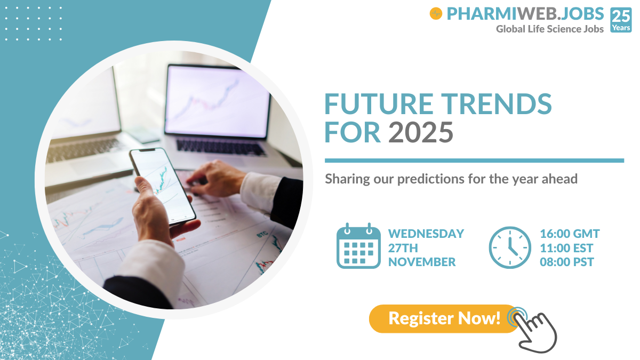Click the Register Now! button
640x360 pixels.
coord(444,318)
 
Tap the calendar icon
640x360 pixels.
coord(358,246)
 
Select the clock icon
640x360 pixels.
coord(510,247)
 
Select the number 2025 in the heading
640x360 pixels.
coord(420,132)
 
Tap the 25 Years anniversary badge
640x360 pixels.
coord(621,20)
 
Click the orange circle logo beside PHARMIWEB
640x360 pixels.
coord(436,14)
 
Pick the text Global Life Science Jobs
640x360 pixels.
coord(550,29)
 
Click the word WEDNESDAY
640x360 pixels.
coord(426,234)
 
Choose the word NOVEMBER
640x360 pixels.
coord(422,262)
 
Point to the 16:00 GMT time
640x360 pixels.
coord(570,234)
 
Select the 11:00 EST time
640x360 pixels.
coord(566,248)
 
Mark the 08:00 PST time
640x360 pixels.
coord(567,262)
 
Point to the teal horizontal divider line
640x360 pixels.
coord(474,160)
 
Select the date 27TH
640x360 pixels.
coord(403,248)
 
